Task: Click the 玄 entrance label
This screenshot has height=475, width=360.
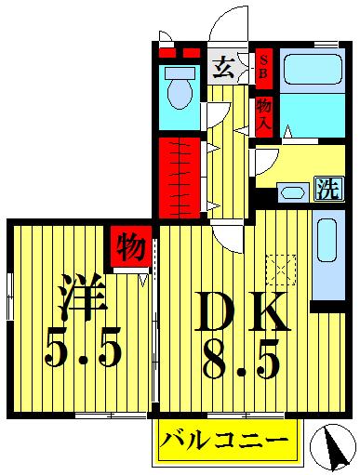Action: click(x=224, y=66)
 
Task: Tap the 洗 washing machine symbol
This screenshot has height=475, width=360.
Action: click(x=326, y=189)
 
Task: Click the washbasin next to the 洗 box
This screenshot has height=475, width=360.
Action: click(x=291, y=192)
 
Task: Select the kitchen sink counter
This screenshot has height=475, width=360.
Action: click(x=328, y=259)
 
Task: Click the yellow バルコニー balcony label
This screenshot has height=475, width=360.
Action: click(x=228, y=438)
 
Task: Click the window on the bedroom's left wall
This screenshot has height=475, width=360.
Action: click(x=7, y=297)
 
